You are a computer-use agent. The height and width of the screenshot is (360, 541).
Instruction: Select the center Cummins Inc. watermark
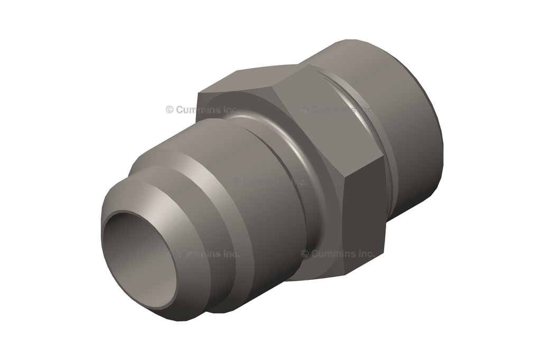(x=270, y=181)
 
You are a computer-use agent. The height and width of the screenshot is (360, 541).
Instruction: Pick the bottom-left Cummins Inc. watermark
(x=203, y=254)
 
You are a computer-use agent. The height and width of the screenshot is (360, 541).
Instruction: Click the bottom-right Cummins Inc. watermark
(x=338, y=254)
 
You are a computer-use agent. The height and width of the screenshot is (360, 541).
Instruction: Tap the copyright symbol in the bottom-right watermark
(x=305, y=254)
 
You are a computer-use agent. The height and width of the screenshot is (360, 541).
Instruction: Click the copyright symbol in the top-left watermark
(x=170, y=110)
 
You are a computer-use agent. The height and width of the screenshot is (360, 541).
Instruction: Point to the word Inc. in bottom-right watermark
(x=365, y=254)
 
